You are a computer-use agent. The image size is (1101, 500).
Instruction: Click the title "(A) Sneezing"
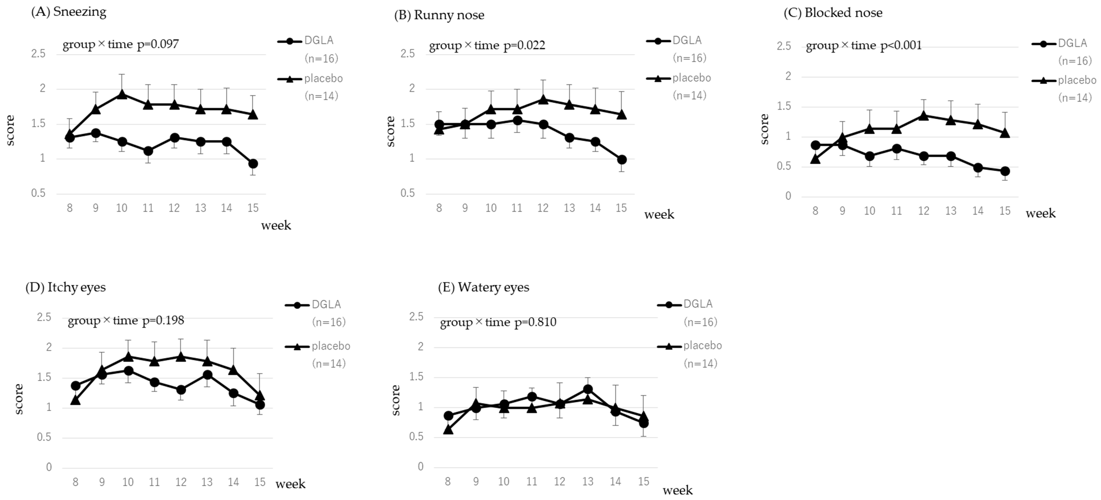tap(68, 12)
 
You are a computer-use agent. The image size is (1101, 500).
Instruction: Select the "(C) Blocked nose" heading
tap(833, 13)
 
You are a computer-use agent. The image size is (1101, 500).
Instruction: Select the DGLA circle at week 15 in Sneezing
tap(253, 164)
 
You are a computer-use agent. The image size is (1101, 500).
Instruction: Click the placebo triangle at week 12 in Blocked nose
tap(924, 115)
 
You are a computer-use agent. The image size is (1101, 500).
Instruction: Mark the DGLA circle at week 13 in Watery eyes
tap(588, 389)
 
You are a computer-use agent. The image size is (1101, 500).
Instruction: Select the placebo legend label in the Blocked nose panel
tap(1077, 80)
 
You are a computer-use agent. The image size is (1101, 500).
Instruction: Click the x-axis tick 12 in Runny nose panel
tap(543, 208)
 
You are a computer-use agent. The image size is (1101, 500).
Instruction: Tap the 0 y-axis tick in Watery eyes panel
tap(421, 467)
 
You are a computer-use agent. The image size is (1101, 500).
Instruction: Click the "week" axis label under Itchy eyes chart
tap(291, 484)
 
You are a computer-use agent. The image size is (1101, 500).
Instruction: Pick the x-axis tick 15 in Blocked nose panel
tap(1005, 211)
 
